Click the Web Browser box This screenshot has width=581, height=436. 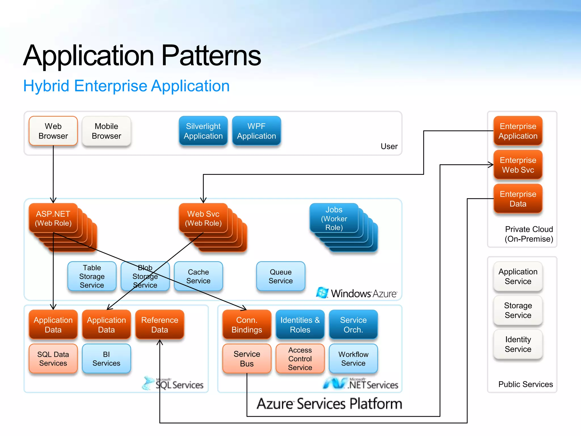pyautogui.click(x=53, y=131)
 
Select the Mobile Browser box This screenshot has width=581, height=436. pyautogui.click(x=106, y=131)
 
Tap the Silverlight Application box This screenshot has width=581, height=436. pyautogui.click(x=203, y=131)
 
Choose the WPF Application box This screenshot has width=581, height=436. pyautogui.click(x=256, y=131)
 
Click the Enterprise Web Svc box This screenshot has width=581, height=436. pyautogui.click(x=518, y=165)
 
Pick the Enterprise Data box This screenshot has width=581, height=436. pyautogui.click(x=518, y=199)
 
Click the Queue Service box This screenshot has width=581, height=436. pyautogui.click(x=281, y=276)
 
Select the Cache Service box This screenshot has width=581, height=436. pyautogui.click(x=198, y=276)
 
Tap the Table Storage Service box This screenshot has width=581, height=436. pyautogui.click(x=92, y=276)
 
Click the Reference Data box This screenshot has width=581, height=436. pyautogui.click(x=160, y=325)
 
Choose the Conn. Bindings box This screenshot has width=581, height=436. pyautogui.click(x=247, y=325)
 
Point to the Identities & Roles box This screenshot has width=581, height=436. pyautogui.click(x=300, y=325)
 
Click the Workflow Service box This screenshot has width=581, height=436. pyautogui.click(x=353, y=359)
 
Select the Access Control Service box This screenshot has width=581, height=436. pyautogui.click(x=300, y=359)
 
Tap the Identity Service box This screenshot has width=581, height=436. pyautogui.click(x=518, y=344)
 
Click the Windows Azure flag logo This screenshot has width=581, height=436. pyautogui.click(x=322, y=292)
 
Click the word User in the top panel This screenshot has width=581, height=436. pyautogui.click(x=389, y=146)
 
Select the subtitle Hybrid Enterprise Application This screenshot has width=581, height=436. pyautogui.click(x=126, y=86)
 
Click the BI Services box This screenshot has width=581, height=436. pyautogui.click(x=106, y=359)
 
